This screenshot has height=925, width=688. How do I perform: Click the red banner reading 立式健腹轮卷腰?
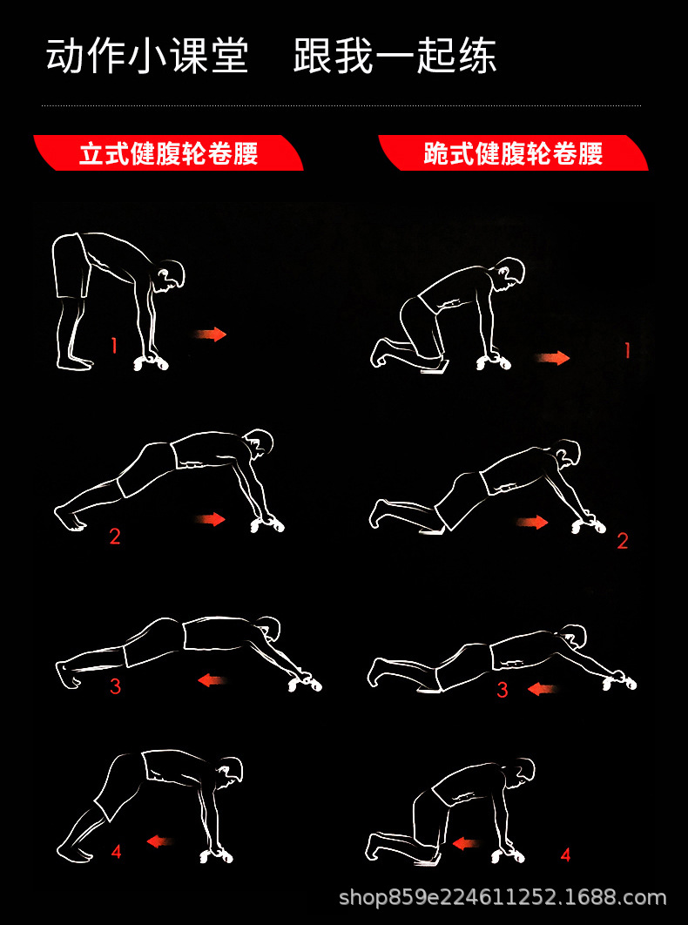[168, 154]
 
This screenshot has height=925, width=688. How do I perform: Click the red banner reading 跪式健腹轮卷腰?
[513, 154]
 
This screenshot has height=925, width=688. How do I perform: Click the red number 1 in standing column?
[113, 346]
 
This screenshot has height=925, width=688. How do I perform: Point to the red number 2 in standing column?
[114, 537]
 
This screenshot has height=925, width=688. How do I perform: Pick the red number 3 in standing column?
[115, 687]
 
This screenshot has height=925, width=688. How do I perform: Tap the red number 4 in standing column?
[116, 852]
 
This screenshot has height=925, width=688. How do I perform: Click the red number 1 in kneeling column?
[627, 350]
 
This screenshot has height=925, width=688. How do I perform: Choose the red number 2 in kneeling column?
[622, 541]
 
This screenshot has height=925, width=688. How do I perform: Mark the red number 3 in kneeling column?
[503, 691]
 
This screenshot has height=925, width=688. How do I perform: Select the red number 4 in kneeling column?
[565, 855]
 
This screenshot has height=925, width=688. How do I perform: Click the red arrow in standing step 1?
[210, 334]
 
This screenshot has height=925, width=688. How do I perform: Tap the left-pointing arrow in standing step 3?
[212, 679]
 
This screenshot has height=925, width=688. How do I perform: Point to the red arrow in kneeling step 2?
[532, 523]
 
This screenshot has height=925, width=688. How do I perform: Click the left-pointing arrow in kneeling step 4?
[466, 843]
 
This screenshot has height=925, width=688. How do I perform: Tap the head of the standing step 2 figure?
[258, 442]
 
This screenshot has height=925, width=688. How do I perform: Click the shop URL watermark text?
[503, 897]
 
